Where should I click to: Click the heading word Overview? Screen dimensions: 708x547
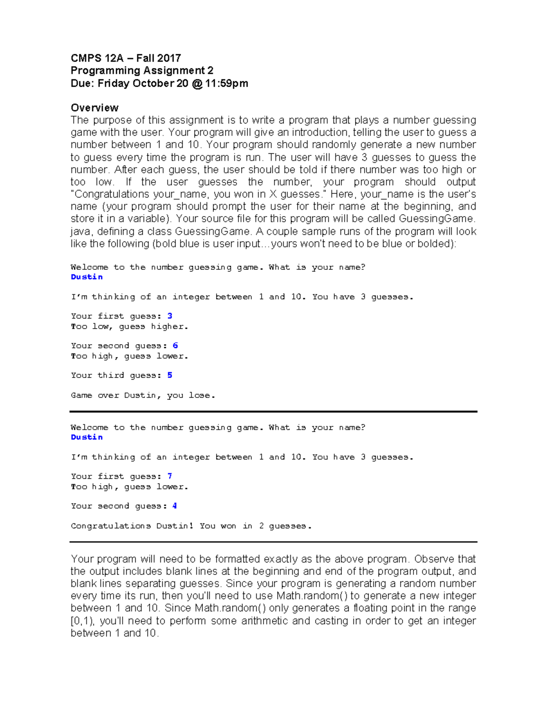click(x=94, y=108)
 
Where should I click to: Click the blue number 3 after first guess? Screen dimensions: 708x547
click(x=170, y=316)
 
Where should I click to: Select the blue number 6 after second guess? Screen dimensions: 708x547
click(x=175, y=346)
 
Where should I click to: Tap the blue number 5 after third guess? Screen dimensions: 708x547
click(x=170, y=375)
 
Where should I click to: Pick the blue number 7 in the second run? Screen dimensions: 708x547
click(x=170, y=476)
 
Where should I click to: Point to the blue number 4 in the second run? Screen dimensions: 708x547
click(x=175, y=506)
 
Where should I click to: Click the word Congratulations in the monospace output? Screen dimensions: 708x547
click(x=111, y=526)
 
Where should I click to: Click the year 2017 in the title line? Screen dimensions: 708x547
click(x=169, y=58)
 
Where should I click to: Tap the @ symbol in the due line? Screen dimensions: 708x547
click(x=197, y=83)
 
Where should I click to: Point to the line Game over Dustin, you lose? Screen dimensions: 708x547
click(x=143, y=395)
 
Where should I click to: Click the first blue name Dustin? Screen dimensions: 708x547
click(x=87, y=277)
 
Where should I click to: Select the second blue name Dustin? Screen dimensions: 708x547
click(x=87, y=437)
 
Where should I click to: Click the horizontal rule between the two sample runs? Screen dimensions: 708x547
click(x=273, y=412)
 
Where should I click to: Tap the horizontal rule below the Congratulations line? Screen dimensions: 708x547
click(x=273, y=542)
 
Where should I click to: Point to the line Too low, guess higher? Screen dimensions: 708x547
click(x=129, y=326)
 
